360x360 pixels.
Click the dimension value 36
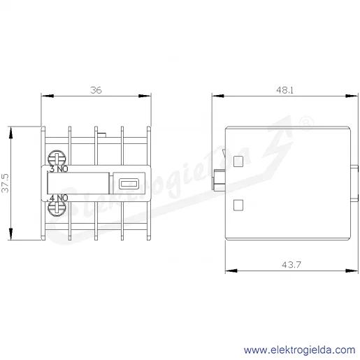pyautogui.click(x=96, y=90)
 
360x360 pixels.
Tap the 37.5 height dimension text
pyautogui.click(x=5, y=183)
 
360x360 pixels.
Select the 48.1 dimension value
pyautogui.click(x=285, y=90)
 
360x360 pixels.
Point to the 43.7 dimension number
pyautogui.click(x=291, y=265)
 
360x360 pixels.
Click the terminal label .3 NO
pyautogui.click(x=57, y=169)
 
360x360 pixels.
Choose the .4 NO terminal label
pyautogui.click(x=57, y=198)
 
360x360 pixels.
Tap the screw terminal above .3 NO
pyautogui.click(x=57, y=158)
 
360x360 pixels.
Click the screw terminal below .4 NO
pyautogui.click(x=57, y=208)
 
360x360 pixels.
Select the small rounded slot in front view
pyautogui.click(x=129, y=184)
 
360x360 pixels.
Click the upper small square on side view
pyautogui.click(x=238, y=161)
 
